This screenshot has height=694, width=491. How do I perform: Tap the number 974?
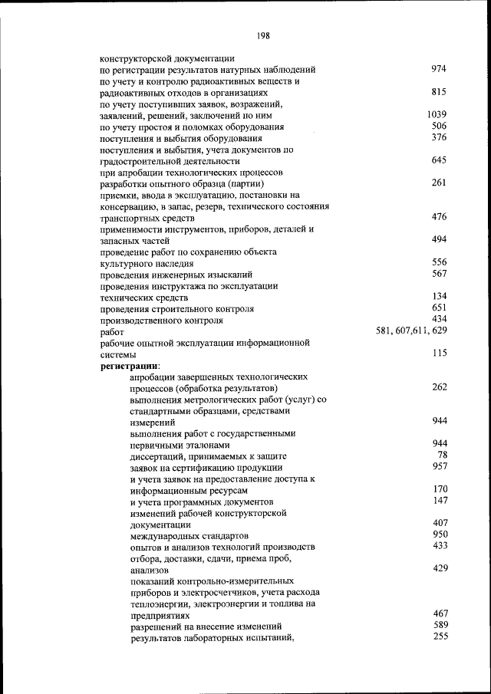coord(439,69)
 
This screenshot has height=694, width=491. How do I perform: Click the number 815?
coord(439,92)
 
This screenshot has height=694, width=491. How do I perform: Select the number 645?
coord(439,160)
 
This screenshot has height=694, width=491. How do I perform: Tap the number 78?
coord(442,455)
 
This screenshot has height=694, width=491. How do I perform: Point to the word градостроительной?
coord(143,162)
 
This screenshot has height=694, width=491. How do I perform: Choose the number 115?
coord(439,354)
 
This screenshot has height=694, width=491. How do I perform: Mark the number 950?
coord(440,534)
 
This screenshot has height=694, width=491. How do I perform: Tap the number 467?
coord(440,613)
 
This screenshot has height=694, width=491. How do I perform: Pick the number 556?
coord(439,262)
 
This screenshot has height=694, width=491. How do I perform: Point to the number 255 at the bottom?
coord(440,636)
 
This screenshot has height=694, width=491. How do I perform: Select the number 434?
coord(439,318)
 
